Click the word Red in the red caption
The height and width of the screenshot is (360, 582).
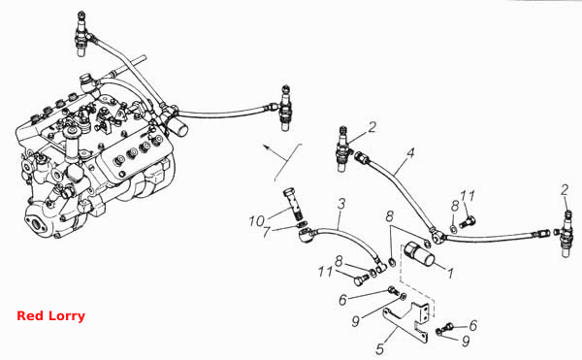pyautogui.click(x=27, y=315)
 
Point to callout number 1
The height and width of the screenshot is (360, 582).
pyautogui.click(x=450, y=274)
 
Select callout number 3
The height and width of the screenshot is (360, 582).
pyautogui.click(x=341, y=204)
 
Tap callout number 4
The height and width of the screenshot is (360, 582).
pyautogui.click(x=409, y=152)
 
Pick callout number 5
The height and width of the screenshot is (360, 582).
pyautogui.click(x=379, y=349)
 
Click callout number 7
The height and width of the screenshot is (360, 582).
pyautogui.click(x=266, y=232)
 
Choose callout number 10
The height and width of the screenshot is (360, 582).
pyautogui.click(x=256, y=221)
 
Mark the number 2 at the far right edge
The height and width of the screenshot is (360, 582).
pyautogui.click(x=565, y=190)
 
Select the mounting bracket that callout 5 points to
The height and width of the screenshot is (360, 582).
pyautogui.click(x=408, y=321)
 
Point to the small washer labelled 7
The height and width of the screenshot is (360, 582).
pyautogui.click(x=303, y=225)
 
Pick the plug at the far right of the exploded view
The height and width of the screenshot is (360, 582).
pyautogui.click(x=566, y=234)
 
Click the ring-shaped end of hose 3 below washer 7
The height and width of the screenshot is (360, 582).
pyautogui.click(x=305, y=235)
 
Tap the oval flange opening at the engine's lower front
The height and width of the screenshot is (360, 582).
pyautogui.click(x=36, y=224)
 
